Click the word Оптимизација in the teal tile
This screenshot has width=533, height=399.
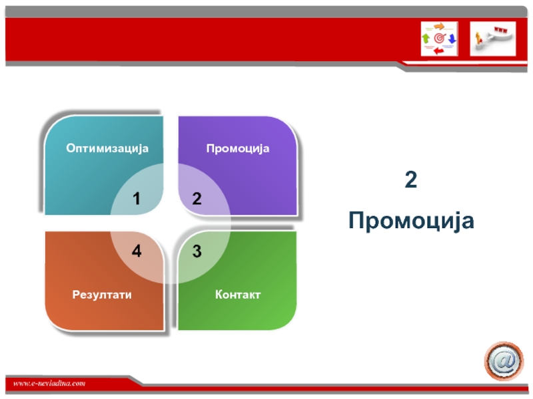click(x=107, y=149)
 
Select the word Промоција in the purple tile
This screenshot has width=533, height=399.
click(x=238, y=149)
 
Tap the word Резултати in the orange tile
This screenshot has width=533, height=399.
click(x=102, y=295)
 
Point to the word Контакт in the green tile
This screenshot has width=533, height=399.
click(x=238, y=295)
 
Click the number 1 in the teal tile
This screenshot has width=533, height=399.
click(x=137, y=199)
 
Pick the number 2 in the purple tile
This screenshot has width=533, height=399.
click(x=197, y=199)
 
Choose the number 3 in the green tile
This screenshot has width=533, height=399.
click(x=197, y=251)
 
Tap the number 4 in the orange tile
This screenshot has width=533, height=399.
click(x=137, y=251)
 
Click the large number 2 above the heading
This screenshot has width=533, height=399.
click(x=411, y=180)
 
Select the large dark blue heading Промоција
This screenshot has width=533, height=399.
click(x=411, y=221)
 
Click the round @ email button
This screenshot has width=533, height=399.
click(x=504, y=361)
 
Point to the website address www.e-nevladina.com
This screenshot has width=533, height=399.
click(x=49, y=384)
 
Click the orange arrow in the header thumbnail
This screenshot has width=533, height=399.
click(x=440, y=26)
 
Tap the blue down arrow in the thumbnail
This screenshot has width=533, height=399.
click(x=452, y=39)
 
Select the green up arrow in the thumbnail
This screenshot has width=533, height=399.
click(x=426, y=38)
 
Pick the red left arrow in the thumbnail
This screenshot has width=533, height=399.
click(x=439, y=51)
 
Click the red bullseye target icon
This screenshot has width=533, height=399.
click(x=439, y=39)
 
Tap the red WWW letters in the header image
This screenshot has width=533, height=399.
click(x=501, y=30)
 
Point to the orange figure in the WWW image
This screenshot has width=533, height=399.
click(x=478, y=39)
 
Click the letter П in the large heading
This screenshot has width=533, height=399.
click(x=357, y=221)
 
